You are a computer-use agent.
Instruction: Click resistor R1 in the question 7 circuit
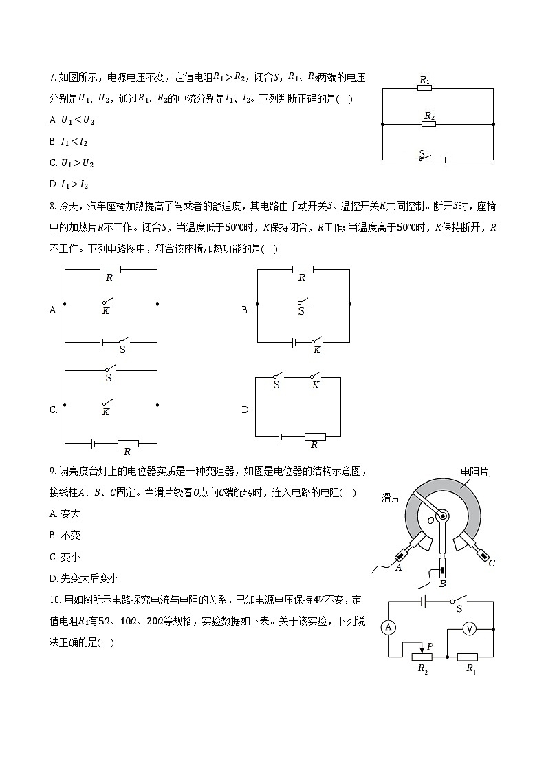(425, 88)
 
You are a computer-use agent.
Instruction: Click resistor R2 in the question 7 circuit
(429, 124)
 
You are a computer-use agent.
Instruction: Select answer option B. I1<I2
(69, 142)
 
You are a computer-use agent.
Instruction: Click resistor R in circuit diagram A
(110, 269)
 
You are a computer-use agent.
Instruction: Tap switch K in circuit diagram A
(107, 303)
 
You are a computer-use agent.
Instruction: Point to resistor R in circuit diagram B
(303, 269)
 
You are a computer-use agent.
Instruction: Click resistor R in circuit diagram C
(127, 443)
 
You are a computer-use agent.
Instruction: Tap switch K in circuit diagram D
(316, 377)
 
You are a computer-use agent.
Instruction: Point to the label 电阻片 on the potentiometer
(474, 472)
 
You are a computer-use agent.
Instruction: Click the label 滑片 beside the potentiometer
(391, 497)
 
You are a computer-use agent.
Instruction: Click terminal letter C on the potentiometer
(491, 563)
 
